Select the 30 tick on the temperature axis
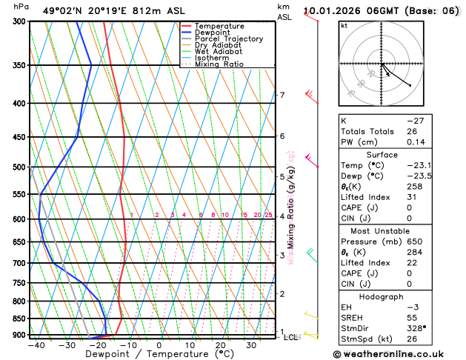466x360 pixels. click(x=252, y=345)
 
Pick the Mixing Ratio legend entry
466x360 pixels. click(x=219, y=64)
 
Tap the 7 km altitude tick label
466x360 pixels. click(x=282, y=95)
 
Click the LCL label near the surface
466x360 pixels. click(x=291, y=337)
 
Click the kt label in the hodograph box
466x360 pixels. click(x=344, y=25)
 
